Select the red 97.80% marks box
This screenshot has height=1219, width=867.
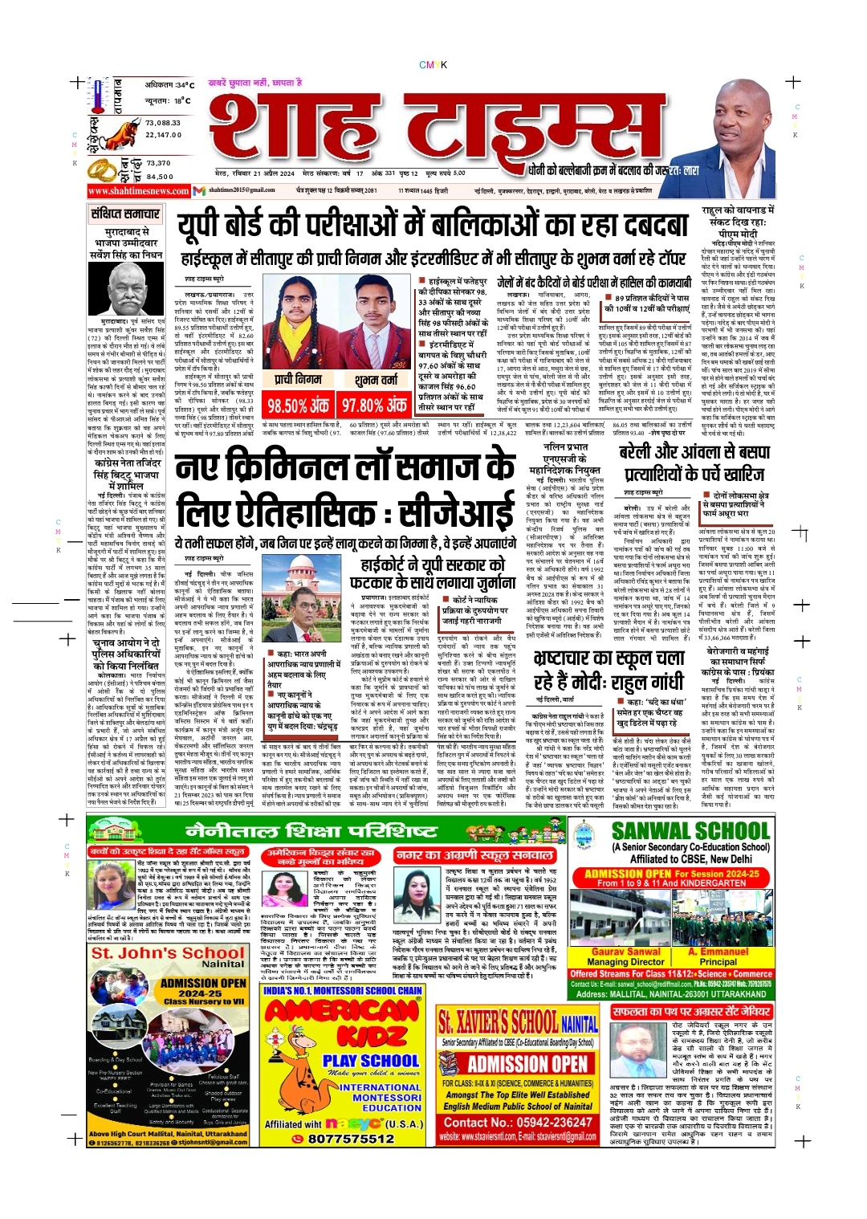pyautogui.click(x=374, y=406)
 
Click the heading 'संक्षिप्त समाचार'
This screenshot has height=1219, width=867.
pyautogui.click(x=125, y=214)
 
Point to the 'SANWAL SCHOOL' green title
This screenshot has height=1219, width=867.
pyautogui.click(x=690, y=831)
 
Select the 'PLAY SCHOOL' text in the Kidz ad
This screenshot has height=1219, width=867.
pyautogui.click(x=371, y=1060)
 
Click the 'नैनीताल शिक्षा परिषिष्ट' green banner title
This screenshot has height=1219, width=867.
pyautogui.click(x=300, y=830)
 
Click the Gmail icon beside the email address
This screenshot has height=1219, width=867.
pyautogui.click(x=200, y=190)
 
